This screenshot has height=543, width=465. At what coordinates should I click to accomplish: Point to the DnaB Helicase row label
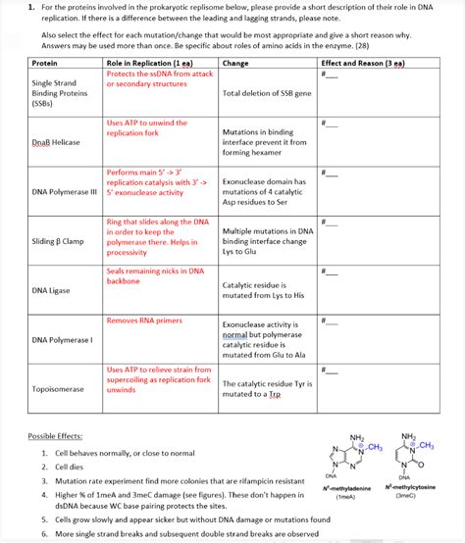56,142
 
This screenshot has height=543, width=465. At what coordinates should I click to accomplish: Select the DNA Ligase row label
50,290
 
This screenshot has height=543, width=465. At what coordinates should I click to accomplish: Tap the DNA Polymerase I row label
62,340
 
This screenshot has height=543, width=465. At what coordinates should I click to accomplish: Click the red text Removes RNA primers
144,321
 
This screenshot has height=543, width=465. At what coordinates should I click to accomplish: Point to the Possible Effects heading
55,435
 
